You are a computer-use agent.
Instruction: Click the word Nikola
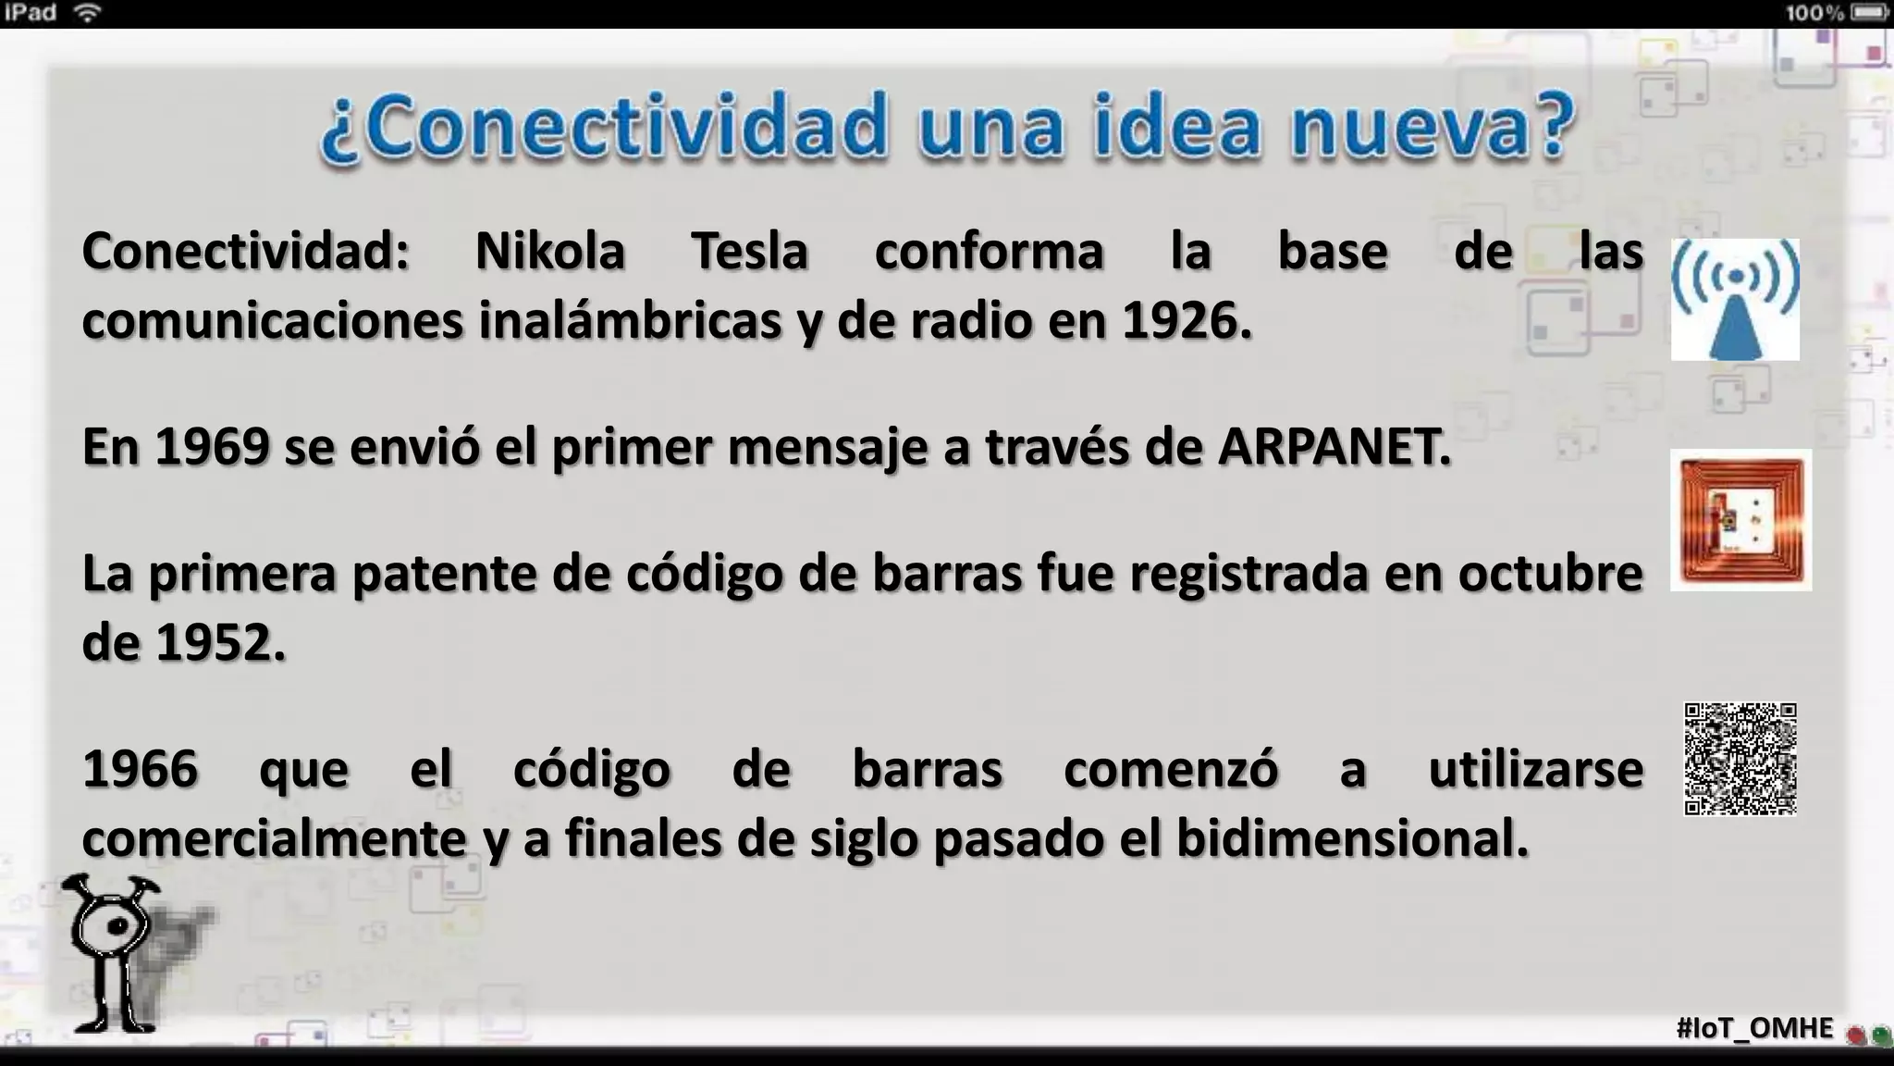pyautogui.click(x=550, y=252)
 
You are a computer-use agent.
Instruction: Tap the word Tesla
pyautogui.click(x=750, y=252)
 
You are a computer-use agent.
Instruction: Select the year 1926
pyautogui.click(x=1186, y=321)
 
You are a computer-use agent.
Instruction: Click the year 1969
pyautogui.click(x=212, y=447)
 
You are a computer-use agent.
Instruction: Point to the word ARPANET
pyautogui.click(x=1334, y=447)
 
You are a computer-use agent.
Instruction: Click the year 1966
pyautogui.click(x=141, y=769)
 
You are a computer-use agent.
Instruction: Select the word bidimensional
pyautogui.click(x=1351, y=839)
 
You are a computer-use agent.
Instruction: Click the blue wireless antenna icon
pyautogui.click(x=1735, y=299)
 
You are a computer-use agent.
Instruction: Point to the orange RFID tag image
pyautogui.click(x=1740, y=520)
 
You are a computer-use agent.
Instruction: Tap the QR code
pyautogui.click(x=1740, y=759)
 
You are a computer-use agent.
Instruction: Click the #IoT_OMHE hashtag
pyautogui.click(x=1754, y=1028)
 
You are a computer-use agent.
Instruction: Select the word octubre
pyautogui.click(x=1550, y=574)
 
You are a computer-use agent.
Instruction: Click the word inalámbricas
pyautogui.click(x=630, y=321)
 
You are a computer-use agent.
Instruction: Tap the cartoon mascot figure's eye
pyautogui.click(x=117, y=925)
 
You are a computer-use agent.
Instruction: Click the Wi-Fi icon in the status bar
pyautogui.click(x=87, y=13)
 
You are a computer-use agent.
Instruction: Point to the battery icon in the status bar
pyautogui.click(x=1869, y=13)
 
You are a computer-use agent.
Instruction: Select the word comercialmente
pyautogui.click(x=274, y=839)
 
